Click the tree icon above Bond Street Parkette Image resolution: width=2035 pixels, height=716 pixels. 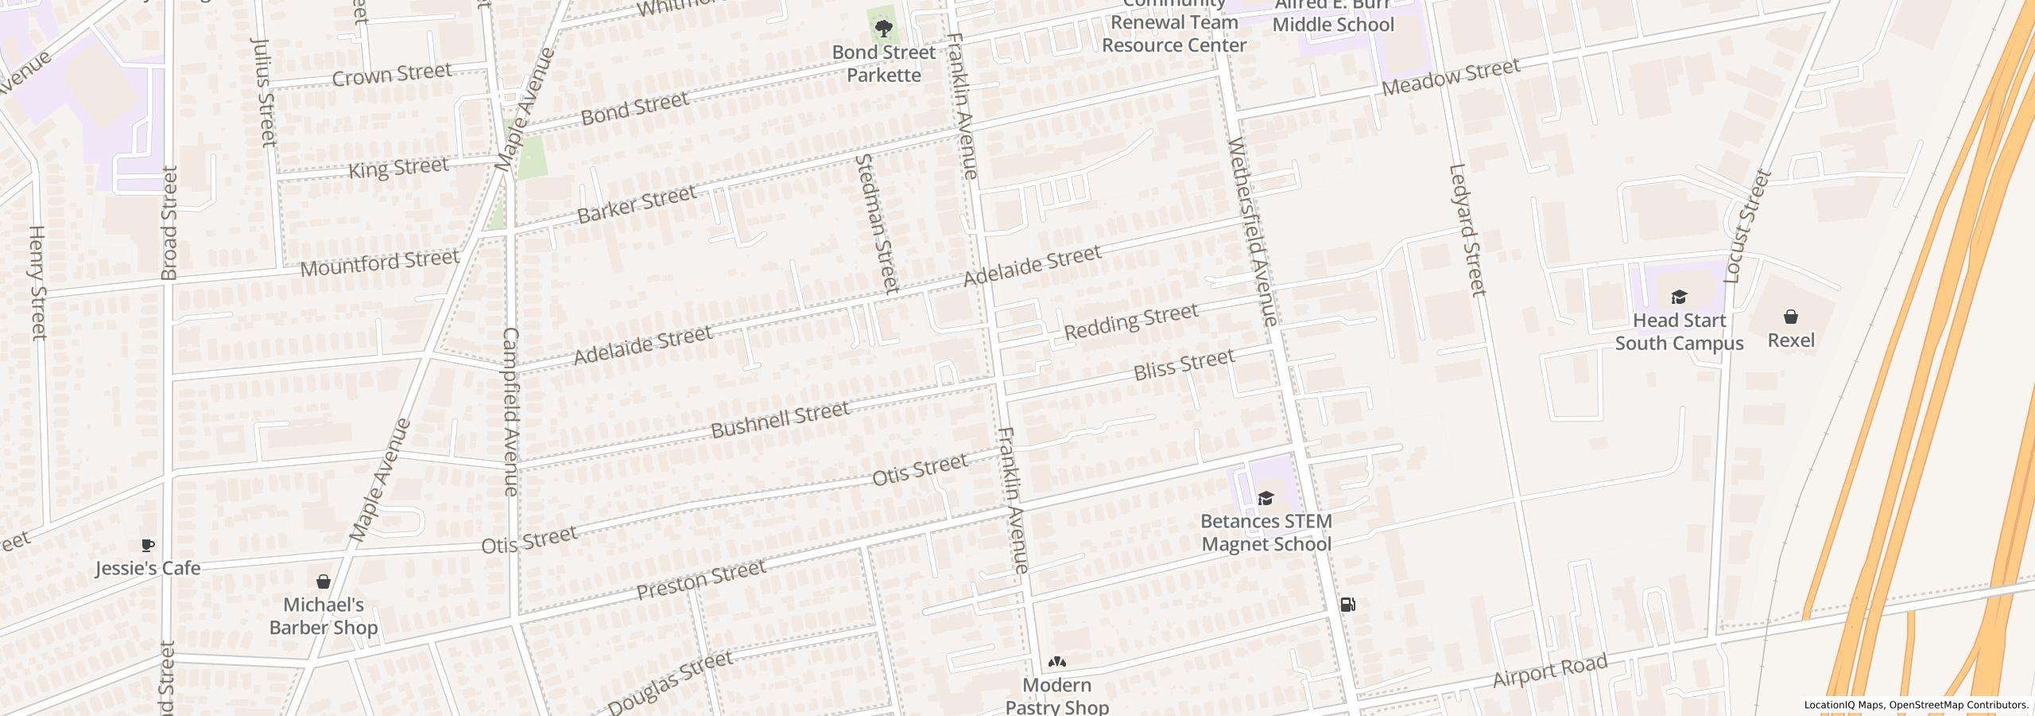[x=882, y=30]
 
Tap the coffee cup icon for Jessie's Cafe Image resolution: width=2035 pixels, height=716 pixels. [x=147, y=545]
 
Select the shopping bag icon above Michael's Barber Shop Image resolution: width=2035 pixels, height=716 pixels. [x=324, y=582]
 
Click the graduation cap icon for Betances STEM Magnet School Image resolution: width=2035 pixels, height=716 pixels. [x=1266, y=499]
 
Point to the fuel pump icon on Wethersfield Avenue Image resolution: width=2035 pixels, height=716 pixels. [x=1348, y=605]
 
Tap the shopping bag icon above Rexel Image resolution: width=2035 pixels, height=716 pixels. [x=1790, y=317]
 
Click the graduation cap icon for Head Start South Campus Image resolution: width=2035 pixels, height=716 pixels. [x=1678, y=298]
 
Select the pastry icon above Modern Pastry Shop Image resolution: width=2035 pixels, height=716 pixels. [x=1056, y=662]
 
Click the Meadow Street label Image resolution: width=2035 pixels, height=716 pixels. [x=1451, y=78]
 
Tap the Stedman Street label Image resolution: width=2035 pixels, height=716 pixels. [x=877, y=224]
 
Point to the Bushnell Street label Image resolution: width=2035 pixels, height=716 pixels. [x=780, y=419]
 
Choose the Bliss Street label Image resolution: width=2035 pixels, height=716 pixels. [x=1184, y=364]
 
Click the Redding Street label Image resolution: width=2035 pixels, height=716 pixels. [x=1130, y=321]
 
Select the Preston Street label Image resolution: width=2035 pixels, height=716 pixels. [x=701, y=580]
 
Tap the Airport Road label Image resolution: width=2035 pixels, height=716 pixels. [x=1549, y=671]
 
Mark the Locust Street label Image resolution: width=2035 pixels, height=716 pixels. [x=1748, y=226]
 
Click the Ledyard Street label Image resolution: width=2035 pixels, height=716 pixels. [x=1467, y=230]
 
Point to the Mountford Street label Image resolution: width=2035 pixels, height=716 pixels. [x=379, y=262]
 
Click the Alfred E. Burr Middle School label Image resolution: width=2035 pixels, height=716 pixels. [x=1332, y=16]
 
